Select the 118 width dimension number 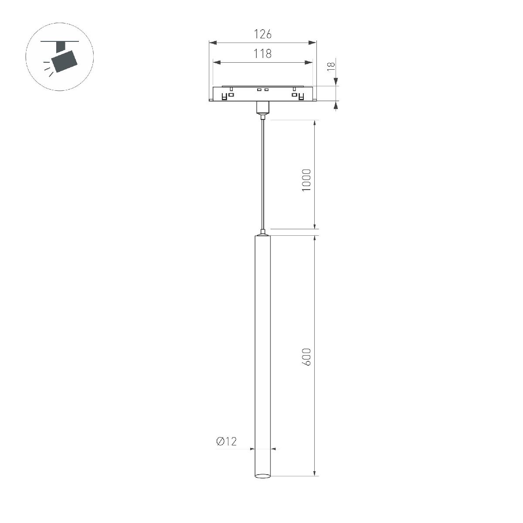tap(262, 54)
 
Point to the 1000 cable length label tap(306, 180)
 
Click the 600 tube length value tap(306, 357)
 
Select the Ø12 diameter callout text tap(226, 441)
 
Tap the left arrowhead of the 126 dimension tap(213, 43)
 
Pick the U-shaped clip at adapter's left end tap(225, 96)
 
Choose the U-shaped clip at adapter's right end tap(300, 96)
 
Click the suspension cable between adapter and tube tap(262, 174)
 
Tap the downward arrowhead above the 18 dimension tap(336, 82)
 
